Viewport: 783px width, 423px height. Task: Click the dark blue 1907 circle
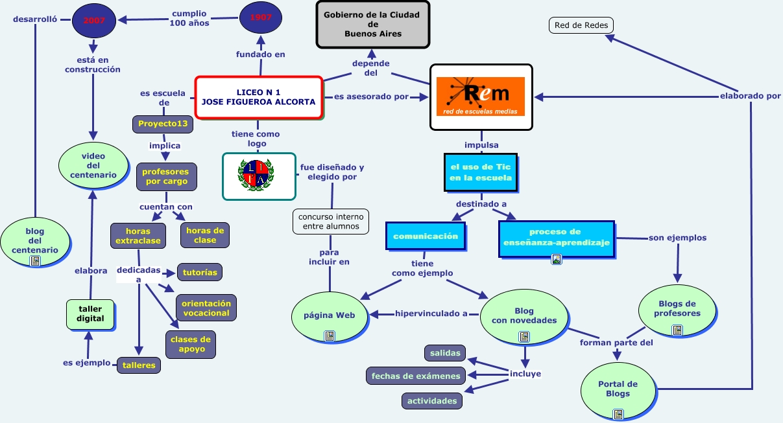(x=260, y=17)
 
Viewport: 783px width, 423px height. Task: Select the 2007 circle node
(x=95, y=19)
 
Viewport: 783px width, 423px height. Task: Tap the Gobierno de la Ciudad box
(x=372, y=24)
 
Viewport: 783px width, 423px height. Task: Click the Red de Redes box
(x=581, y=26)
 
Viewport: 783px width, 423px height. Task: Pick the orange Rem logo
(x=481, y=97)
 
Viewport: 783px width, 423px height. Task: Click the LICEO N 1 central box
(x=258, y=97)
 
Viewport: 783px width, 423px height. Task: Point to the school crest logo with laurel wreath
(x=259, y=176)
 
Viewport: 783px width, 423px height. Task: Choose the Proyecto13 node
(x=163, y=124)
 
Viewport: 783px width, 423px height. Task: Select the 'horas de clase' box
(x=205, y=235)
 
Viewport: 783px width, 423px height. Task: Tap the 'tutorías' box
(x=200, y=272)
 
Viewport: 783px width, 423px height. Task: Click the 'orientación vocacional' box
(x=206, y=308)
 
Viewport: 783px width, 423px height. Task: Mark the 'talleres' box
(x=139, y=365)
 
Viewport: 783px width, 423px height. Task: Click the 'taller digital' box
(x=90, y=314)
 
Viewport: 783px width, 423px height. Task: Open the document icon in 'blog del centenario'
(x=35, y=261)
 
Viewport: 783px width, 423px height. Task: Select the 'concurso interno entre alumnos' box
(x=331, y=221)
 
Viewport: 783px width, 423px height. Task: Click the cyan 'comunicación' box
(x=426, y=236)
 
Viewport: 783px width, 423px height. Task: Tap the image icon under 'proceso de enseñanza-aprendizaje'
(x=556, y=259)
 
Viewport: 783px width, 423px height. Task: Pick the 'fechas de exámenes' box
(x=416, y=376)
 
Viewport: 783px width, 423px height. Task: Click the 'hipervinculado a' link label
(x=431, y=314)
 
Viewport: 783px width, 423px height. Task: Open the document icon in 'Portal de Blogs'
(x=618, y=413)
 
